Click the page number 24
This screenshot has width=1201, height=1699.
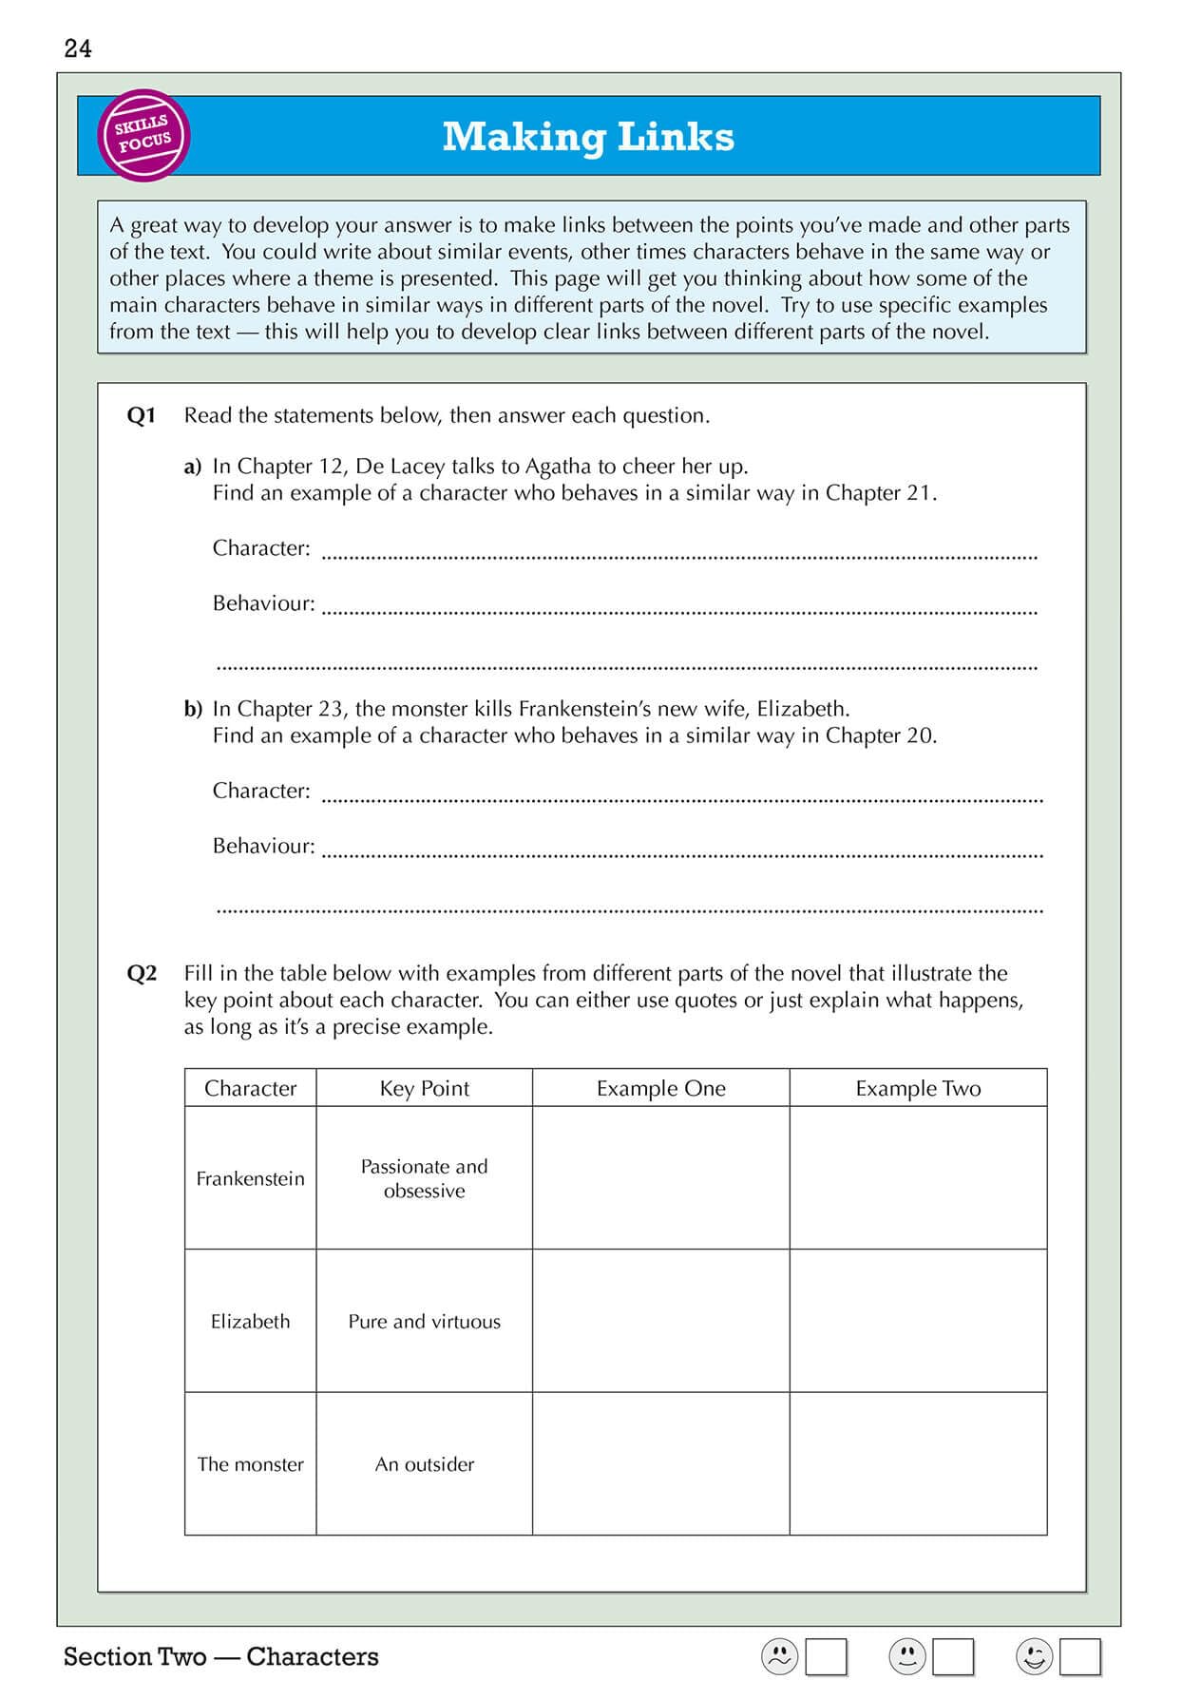click(x=78, y=48)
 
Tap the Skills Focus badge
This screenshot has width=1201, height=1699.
click(x=143, y=135)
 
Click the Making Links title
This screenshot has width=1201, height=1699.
click(x=588, y=137)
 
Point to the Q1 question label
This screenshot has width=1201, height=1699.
click(x=141, y=415)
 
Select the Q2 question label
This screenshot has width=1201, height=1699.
click(x=141, y=973)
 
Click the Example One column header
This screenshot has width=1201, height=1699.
click(x=660, y=1088)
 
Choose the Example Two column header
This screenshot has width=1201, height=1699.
click(x=918, y=1088)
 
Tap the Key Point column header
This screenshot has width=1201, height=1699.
click(x=424, y=1088)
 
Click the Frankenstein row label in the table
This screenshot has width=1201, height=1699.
click(x=250, y=1178)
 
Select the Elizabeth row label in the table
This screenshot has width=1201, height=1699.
click(x=250, y=1321)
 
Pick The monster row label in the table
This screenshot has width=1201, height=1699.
click(x=250, y=1464)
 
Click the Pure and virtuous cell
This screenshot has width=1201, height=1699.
click(x=424, y=1321)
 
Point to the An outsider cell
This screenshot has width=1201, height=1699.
click(x=424, y=1464)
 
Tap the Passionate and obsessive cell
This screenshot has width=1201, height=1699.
click(x=424, y=1178)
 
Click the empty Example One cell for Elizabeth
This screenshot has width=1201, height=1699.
click(x=660, y=1321)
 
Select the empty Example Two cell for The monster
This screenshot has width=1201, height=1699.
click(x=918, y=1464)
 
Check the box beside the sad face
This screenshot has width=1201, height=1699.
click(x=826, y=1657)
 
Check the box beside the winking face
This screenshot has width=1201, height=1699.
click(x=1080, y=1657)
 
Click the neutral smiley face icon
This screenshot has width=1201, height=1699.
click(x=906, y=1657)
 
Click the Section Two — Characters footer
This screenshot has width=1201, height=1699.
click(x=220, y=1657)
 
